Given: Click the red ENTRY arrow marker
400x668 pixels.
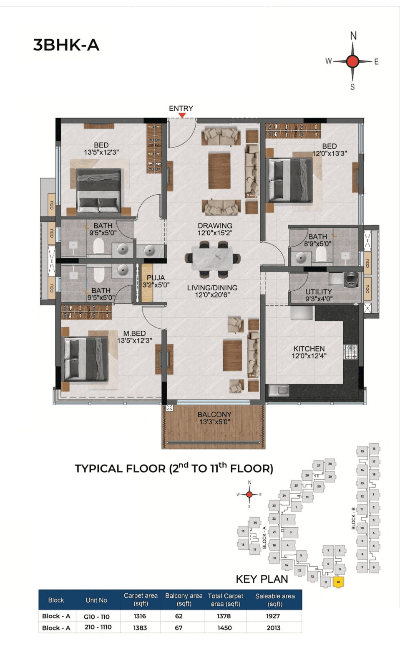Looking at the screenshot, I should click(x=182, y=115).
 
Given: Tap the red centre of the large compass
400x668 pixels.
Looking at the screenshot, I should click(x=352, y=61).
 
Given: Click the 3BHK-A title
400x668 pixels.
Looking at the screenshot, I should click(x=66, y=45).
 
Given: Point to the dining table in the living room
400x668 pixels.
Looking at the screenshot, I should click(x=212, y=259).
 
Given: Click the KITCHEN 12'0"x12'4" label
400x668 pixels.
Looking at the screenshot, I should click(x=309, y=352).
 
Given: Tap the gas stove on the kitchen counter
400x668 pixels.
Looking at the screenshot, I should click(x=351, y=351).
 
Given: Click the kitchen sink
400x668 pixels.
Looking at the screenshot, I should click(x=279, y=390).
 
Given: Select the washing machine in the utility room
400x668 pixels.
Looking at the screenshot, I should click(x=351, y=280).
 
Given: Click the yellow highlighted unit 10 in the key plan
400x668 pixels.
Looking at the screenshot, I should click(x=338, y=582).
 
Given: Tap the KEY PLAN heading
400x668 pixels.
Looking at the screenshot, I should click(x=262, y=579).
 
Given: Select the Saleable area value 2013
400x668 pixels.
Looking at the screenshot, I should click(x=274, y=627).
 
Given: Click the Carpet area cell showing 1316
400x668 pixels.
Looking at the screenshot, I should click(x=140, y=616).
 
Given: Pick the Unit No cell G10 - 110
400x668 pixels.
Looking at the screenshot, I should click(x=96, y=616).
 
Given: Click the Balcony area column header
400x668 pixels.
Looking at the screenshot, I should click(x=184, y=599).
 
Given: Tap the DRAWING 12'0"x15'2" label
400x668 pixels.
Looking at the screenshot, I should click(x=215, y=229).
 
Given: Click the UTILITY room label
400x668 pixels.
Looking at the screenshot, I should click(x=319, y=295).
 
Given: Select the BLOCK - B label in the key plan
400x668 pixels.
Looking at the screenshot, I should click(x=353, y=518).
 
